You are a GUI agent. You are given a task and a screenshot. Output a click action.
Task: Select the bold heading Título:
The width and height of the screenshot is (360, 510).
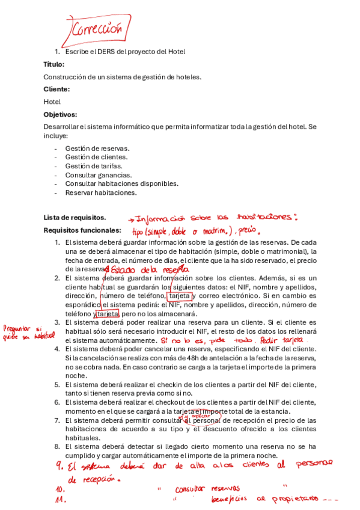point(54,64)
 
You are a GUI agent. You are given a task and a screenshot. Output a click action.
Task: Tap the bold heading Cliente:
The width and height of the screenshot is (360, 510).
point(56,89)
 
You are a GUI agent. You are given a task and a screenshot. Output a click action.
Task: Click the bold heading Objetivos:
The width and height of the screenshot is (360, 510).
point(60,114)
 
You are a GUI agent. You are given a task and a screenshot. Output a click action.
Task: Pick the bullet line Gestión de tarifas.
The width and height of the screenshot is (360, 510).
point(94,166)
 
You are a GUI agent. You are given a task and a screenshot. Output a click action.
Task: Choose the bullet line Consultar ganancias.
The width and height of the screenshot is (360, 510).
point(99,175)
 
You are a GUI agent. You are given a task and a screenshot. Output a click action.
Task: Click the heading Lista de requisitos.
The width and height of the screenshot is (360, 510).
point(75,217)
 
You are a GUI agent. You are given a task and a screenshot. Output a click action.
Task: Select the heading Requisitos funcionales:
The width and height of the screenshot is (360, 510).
point(82,230)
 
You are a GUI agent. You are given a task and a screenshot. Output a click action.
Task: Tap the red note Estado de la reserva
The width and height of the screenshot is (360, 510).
point(143,270)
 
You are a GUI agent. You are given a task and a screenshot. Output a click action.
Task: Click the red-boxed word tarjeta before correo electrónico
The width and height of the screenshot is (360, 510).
point(180,296)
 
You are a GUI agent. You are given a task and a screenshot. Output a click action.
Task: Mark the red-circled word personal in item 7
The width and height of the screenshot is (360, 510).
point(205,420)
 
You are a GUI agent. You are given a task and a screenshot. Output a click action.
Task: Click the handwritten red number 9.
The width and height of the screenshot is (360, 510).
point(59,465)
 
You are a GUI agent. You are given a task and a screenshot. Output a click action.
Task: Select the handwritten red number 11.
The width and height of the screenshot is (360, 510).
point(59,499)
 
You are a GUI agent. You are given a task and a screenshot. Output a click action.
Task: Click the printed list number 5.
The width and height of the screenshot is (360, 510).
point(57,384)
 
